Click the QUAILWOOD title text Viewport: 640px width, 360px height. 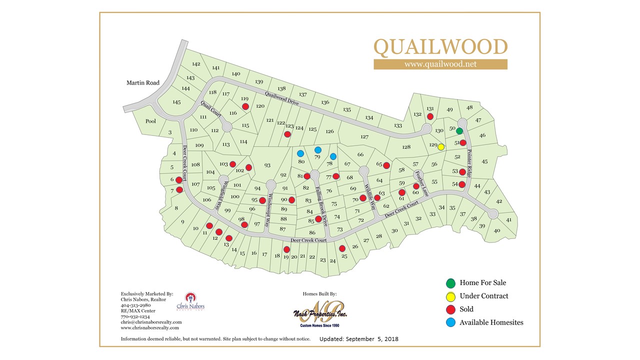coord(440,47)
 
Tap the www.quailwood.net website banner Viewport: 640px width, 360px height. coord(440,64)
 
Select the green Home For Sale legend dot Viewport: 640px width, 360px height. coord(451,283)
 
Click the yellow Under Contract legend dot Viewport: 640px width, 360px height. coord(451,296)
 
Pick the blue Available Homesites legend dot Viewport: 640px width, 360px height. coord(451,322)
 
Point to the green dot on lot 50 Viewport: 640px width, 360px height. coord(459,131)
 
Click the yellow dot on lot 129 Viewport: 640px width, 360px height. coord(441,147)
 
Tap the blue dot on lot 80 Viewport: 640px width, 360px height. coord(300,153)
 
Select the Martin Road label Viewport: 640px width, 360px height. coord(143,82)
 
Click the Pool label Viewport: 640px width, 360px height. coord(150,121)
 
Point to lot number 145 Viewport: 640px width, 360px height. coord(176,102)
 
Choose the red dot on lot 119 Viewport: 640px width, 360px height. coord(245,106)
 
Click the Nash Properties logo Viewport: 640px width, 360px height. coord(320,312)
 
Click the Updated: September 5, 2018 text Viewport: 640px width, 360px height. coord(358,339)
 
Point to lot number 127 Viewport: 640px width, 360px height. coord(364,136)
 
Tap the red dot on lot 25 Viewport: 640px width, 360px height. coord(342,248)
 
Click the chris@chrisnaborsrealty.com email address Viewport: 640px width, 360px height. coord(151,322)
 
